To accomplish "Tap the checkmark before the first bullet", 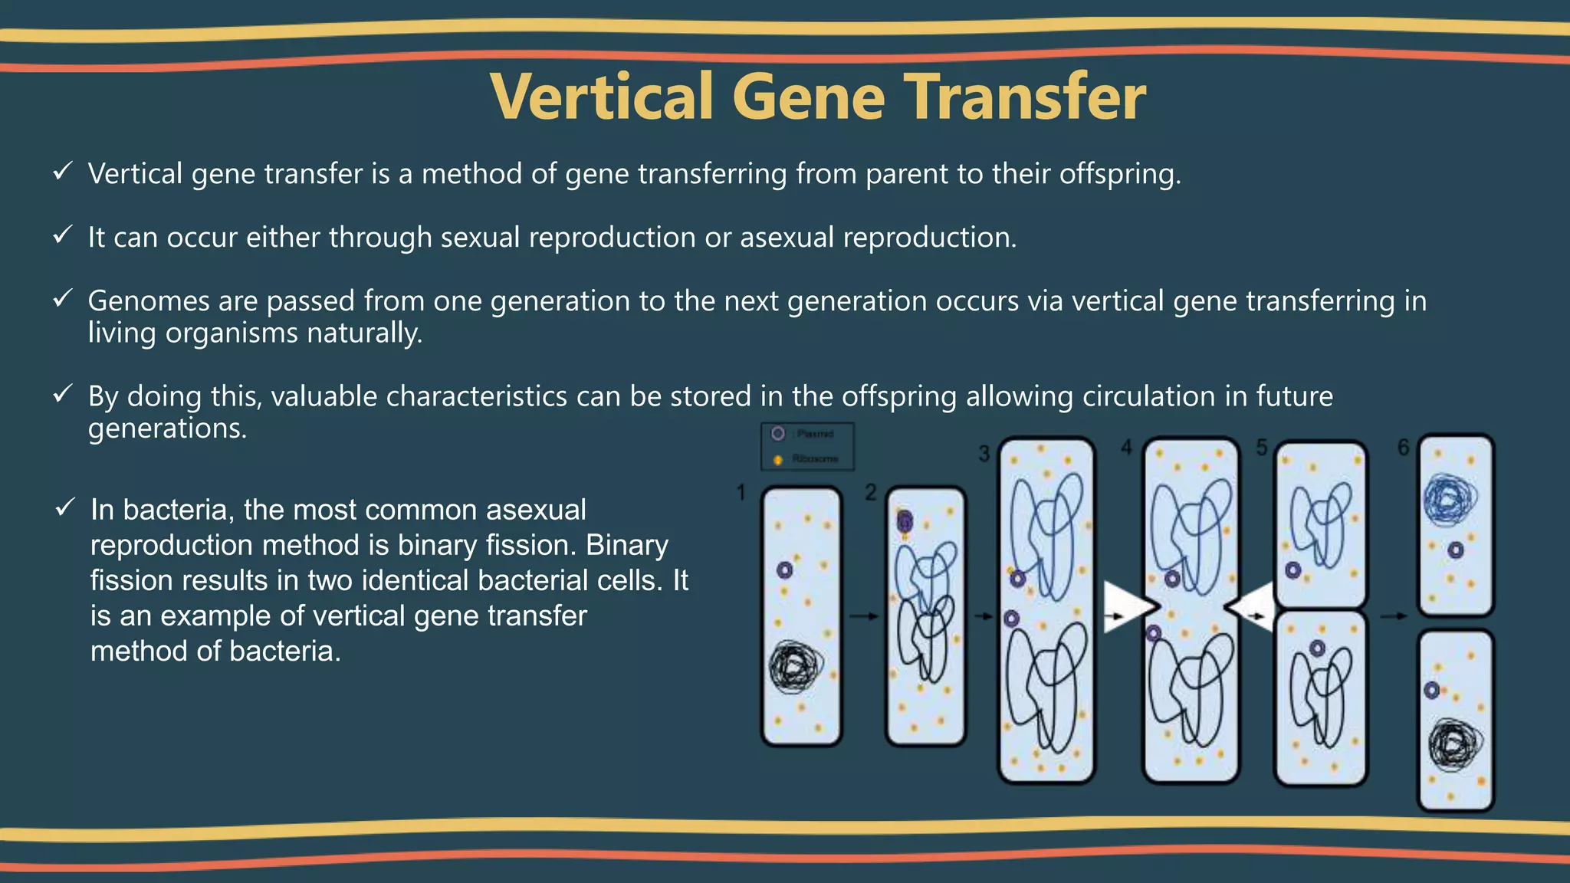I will [63, 171].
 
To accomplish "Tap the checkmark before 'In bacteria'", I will [65, 507].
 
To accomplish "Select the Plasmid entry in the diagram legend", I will [806, 434].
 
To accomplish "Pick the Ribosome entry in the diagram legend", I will [806, 458].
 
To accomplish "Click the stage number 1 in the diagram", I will [741, 492].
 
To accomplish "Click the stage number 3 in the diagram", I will [984, 454].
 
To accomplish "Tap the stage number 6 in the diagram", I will [1403, 447].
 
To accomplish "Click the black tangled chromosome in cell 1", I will [796, 667].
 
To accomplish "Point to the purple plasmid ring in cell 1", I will [784, 570].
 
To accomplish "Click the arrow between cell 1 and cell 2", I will [863, 615].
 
